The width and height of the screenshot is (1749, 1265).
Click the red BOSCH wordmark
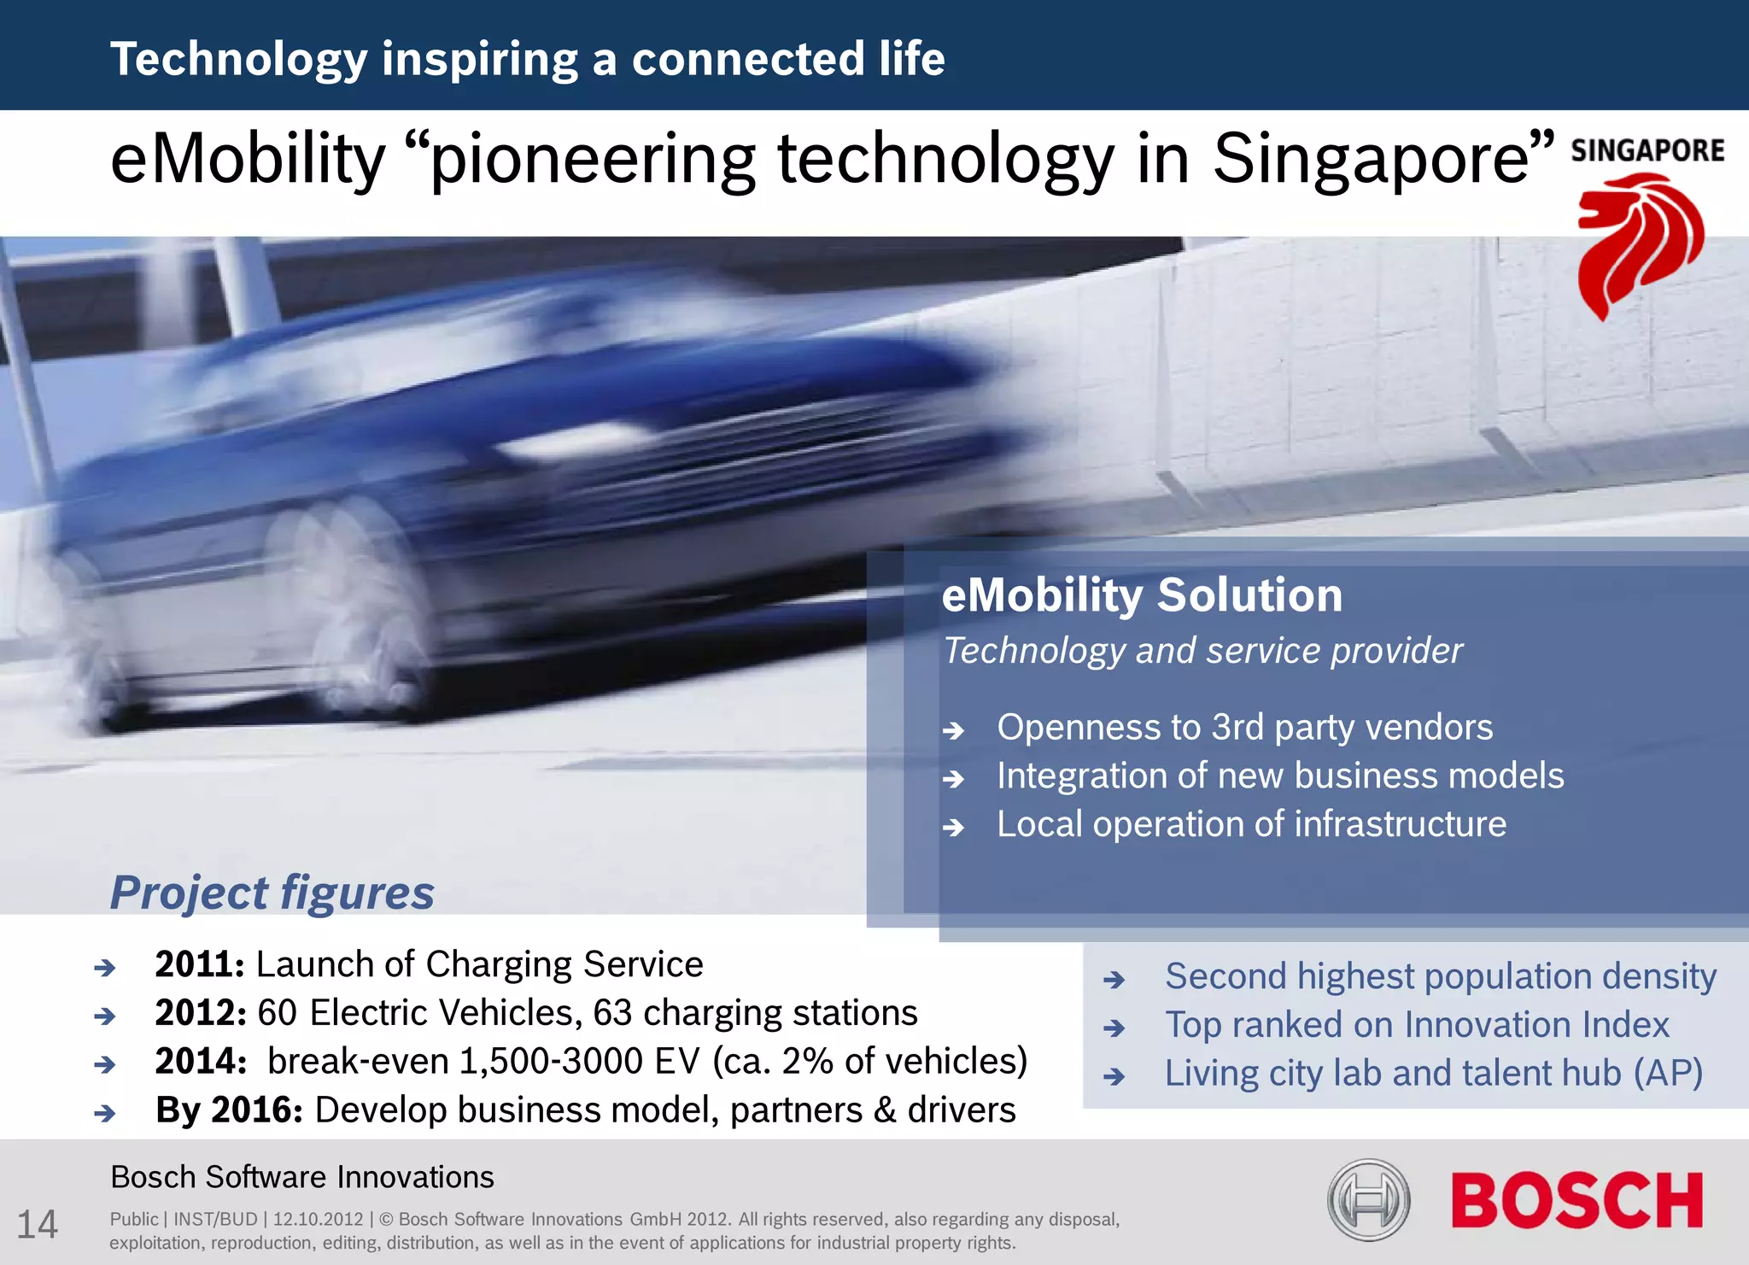pos(1576,1200)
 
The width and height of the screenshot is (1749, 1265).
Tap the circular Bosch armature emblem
pos(1368,1200)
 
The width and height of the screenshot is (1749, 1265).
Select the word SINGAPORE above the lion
pos(1647,151)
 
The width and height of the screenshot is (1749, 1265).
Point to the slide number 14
pos(38,1224)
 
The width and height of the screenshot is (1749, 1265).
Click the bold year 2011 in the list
pos(199,964)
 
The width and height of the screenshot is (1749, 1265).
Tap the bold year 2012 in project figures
pos(200,1013)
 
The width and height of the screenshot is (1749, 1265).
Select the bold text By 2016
pos(229,1110)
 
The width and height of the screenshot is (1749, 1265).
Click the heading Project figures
pos(272,893)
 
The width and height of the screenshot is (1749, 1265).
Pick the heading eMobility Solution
pos(1142,595)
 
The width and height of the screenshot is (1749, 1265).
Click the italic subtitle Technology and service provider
pos(1202,651)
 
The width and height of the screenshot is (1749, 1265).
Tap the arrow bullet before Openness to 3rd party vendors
pos(953,730)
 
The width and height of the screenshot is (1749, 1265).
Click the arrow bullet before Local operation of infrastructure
pos(953,827)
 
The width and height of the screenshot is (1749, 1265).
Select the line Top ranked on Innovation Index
pos(1417,1025)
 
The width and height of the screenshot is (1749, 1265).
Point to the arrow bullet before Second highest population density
pos(1114,979)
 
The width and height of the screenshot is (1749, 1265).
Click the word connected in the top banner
pos(748,59)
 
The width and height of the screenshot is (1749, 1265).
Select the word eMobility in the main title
pos(248,160)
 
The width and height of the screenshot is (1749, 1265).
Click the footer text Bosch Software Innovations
pos(302,1177)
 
